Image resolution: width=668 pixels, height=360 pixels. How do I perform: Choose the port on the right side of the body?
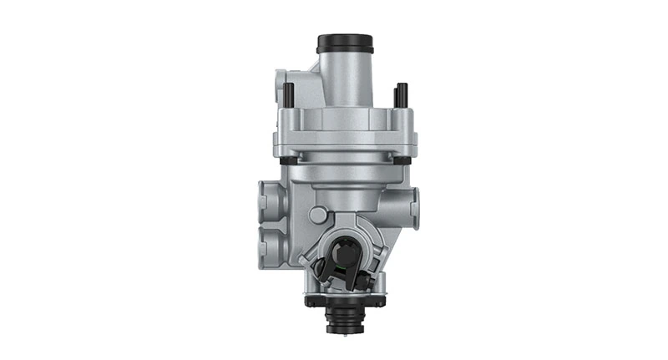click(x=414, y=201)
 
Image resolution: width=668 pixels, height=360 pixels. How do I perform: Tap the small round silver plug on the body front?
click(x=317, y=215)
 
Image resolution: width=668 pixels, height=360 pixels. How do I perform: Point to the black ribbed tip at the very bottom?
click(x=344, y=322)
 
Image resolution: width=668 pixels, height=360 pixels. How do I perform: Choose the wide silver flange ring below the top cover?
click(x=344, y=142)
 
